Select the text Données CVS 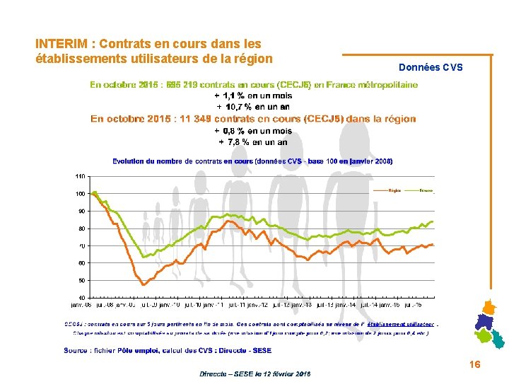pyautogui.click(x=431, y=67)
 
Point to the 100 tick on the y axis pyautogui.click(x=80, y=194)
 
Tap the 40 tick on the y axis pyautogui.click(x=81, y=298)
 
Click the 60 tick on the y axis pyautogui.click(x=81, y=263)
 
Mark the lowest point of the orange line pyautogui.click(x=144, y=284)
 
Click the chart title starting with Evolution pyautogui.click(x=252, y=161)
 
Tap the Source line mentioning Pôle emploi pyautogui.click(x=168, y=350)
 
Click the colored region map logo pyautogui.click(x=489, y=324)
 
